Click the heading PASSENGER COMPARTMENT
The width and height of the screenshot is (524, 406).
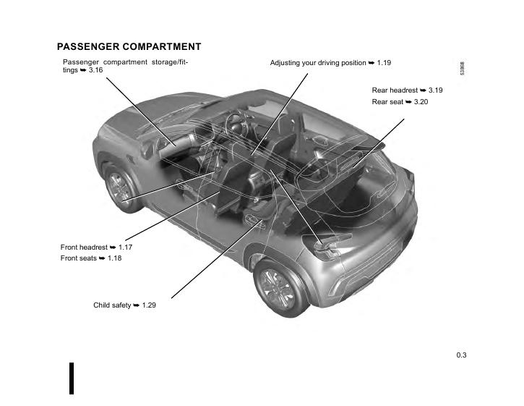click(129, 47)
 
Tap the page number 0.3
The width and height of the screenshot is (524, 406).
click(461, 355)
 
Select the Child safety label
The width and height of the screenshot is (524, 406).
click(112, 305)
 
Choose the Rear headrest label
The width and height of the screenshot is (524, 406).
click(395, 90)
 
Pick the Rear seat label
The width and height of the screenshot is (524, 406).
click(388, 102)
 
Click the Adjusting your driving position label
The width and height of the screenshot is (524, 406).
click(318, 63)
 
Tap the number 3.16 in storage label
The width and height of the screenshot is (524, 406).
click(95, 71)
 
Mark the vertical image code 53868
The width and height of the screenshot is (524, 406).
click(462, 69)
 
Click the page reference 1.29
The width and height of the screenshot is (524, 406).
click(149, 305)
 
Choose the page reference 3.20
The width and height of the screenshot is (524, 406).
click(421, 102)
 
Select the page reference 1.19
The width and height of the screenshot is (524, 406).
click(384, 63)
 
